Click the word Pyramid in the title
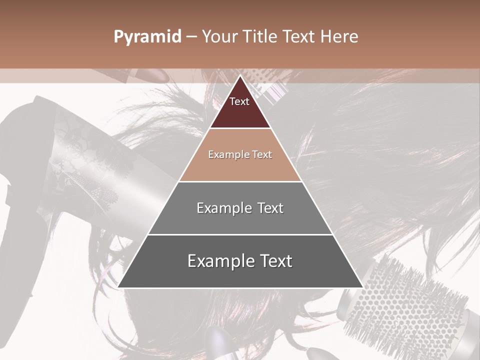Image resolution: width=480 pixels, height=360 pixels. click(x=147, y=37)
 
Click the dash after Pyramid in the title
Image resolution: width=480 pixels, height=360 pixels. click(x=191, y=37)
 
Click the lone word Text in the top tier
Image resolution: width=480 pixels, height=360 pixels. click(x=239, y=101)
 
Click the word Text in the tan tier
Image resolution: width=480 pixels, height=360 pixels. click(x=262, y=154)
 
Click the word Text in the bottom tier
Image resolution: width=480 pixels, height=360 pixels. click(x=273, y=261)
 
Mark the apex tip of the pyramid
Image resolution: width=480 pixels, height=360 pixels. click(x=240, y=76)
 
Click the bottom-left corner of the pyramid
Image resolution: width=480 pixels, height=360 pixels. click(x=118, y=287)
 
